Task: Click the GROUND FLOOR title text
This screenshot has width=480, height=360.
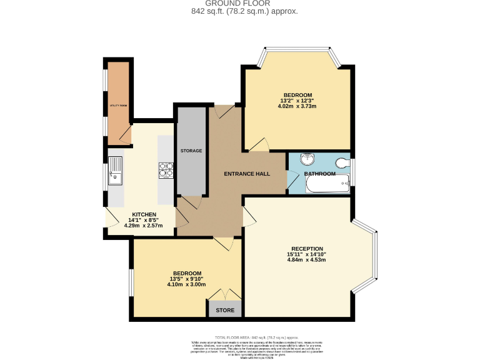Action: (239, 4)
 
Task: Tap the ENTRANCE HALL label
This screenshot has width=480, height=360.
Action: (247, 173)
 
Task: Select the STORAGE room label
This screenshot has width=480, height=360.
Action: (191, 151)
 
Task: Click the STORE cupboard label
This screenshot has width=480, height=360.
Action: (225, 310)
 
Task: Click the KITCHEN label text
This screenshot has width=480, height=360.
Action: (144, 214)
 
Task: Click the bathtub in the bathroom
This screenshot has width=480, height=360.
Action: (326, 184)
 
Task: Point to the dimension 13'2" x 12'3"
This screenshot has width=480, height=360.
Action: (297, 100)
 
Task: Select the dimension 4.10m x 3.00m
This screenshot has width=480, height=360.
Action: (187, 285)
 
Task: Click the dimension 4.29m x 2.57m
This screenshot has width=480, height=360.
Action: (144, 226)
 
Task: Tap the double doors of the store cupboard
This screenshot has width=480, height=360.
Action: (224, 295)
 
